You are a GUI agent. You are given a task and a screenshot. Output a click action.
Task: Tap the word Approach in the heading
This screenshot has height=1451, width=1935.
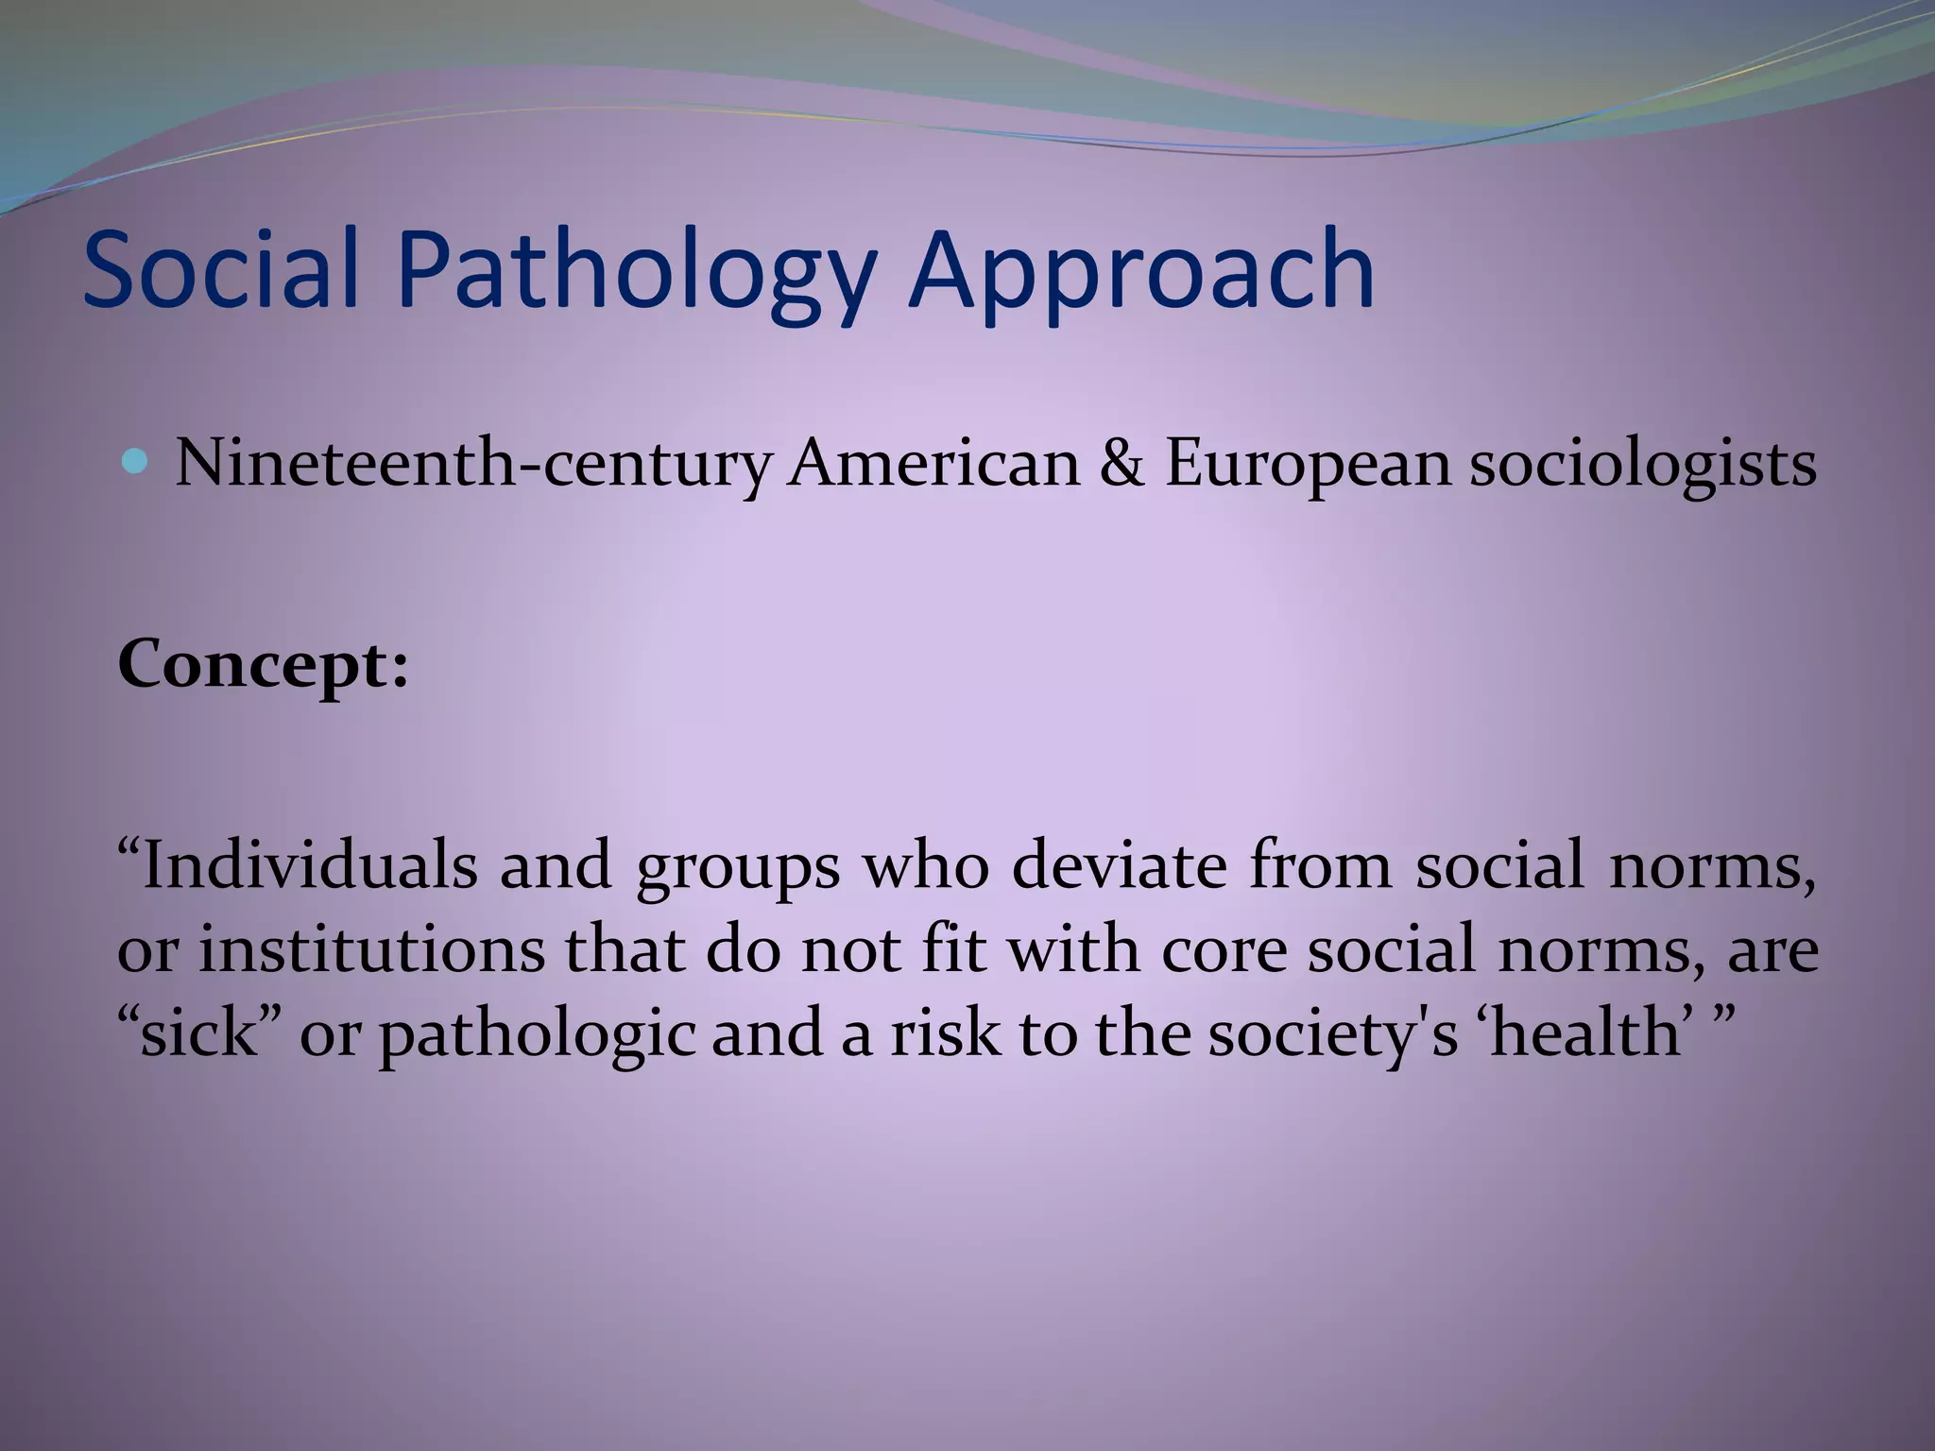pos(1141,271)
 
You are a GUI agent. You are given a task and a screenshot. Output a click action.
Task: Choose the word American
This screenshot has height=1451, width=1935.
pos(933,465)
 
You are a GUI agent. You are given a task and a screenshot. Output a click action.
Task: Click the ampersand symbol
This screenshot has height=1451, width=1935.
pos(1122,465)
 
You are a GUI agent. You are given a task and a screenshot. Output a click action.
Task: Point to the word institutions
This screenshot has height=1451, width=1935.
pos(371,949)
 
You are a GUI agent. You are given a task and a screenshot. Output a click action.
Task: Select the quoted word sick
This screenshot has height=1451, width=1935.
pos(199,1033)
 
